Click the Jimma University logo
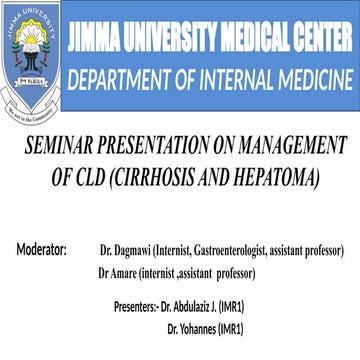coord(33,53)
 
